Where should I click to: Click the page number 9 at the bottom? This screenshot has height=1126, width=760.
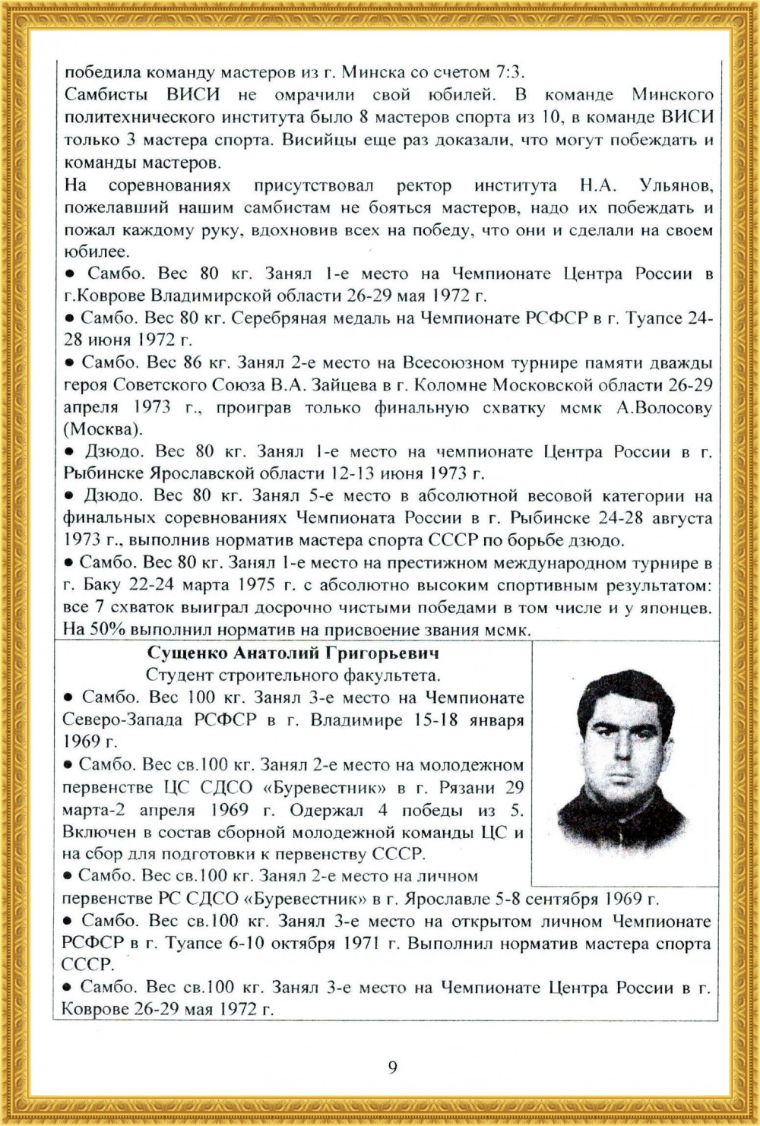tap(392, 1067)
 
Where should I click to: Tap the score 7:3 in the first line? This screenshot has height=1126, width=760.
tap(511, 73)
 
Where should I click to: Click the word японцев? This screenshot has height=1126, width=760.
tap(678, 608)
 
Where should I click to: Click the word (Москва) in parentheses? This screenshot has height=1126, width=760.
tap(103, 430)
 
